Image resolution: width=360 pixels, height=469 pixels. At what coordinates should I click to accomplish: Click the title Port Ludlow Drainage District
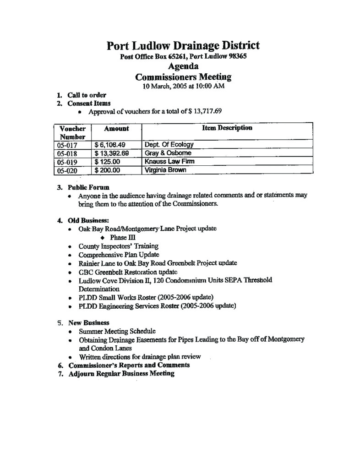coord(183,46)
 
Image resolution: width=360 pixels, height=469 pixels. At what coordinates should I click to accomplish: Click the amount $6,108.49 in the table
coord(109,145)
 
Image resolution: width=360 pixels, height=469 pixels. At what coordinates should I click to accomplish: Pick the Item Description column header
coord(227,128)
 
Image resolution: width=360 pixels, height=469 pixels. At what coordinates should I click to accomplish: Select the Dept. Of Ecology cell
coord(169,145)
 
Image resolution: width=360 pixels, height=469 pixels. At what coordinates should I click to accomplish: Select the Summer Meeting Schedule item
coord(117,331)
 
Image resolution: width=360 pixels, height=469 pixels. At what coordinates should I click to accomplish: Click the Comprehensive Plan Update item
coord(119,255)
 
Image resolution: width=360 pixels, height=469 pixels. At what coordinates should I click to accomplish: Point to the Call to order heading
coord(87,95)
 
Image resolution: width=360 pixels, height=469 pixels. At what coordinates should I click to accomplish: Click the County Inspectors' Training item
coord(119,246)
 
